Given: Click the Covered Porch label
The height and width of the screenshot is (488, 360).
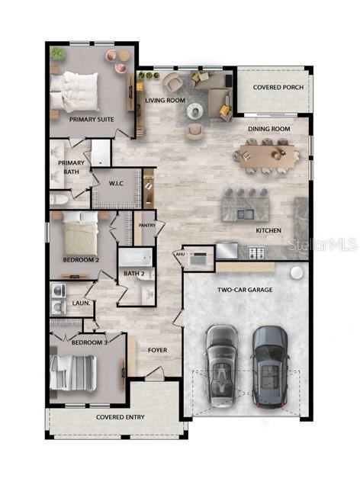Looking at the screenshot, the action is tap(278, 88).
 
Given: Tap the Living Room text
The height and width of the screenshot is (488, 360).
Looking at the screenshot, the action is tap(165, 100).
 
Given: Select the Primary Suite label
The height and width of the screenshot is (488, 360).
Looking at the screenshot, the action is tap(92, 120).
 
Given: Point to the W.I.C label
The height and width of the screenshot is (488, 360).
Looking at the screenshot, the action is tap(116, 184).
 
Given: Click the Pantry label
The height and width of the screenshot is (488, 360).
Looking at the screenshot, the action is tap(146, 225).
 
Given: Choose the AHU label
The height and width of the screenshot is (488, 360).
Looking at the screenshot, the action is tap(180, 255).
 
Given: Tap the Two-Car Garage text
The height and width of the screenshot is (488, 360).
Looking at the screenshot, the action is tap(245, 290).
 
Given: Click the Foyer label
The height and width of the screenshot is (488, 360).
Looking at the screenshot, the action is tap(157, 350).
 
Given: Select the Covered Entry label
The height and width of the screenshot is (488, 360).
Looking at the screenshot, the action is tap(121, 417).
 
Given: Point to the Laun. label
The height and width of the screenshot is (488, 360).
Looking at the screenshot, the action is tap(81, 303).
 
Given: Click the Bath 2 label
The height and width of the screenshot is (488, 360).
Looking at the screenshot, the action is tap(134, 274).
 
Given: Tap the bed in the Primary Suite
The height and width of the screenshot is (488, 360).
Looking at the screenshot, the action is tap(75, 91).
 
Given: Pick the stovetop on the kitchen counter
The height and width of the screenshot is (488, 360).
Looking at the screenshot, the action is tap(256, 252).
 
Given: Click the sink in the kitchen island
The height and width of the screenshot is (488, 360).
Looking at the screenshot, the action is tap(246, 213).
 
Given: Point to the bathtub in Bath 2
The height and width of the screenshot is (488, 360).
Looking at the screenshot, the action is tap(136, 257).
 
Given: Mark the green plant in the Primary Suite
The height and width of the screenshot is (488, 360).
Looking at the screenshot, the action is tap(58, 54).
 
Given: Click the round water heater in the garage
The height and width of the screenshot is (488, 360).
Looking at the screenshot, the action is tap(296, 273).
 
